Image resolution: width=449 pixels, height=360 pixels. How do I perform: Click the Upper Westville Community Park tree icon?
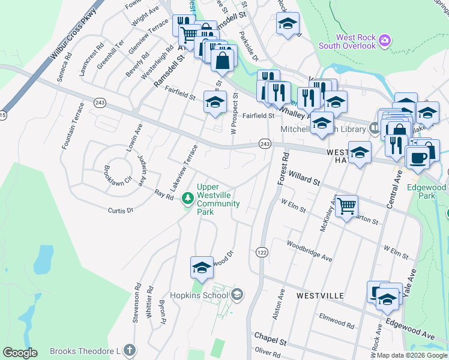(188, 198)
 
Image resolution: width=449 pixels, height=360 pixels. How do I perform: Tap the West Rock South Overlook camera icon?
(385, 41)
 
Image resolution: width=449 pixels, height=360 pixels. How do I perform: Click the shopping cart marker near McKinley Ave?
(346, 207)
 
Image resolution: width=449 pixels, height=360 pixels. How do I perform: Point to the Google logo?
(20, 352)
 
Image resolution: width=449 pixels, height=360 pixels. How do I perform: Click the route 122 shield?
(261, 253)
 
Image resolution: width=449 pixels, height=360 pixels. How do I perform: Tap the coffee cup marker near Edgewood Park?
(417, 158)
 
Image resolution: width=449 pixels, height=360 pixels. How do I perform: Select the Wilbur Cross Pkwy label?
(65, 42)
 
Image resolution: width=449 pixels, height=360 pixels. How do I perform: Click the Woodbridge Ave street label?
(309, 251)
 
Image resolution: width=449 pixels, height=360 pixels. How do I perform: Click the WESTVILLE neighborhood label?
(320, 296)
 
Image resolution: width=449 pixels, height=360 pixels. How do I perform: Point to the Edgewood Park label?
(427, 191)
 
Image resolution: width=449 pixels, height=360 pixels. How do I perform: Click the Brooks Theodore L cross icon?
(128, 350)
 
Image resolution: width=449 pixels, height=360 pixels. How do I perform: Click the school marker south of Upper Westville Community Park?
(202, 268)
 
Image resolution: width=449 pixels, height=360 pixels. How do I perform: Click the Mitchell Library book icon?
(375, 127)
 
